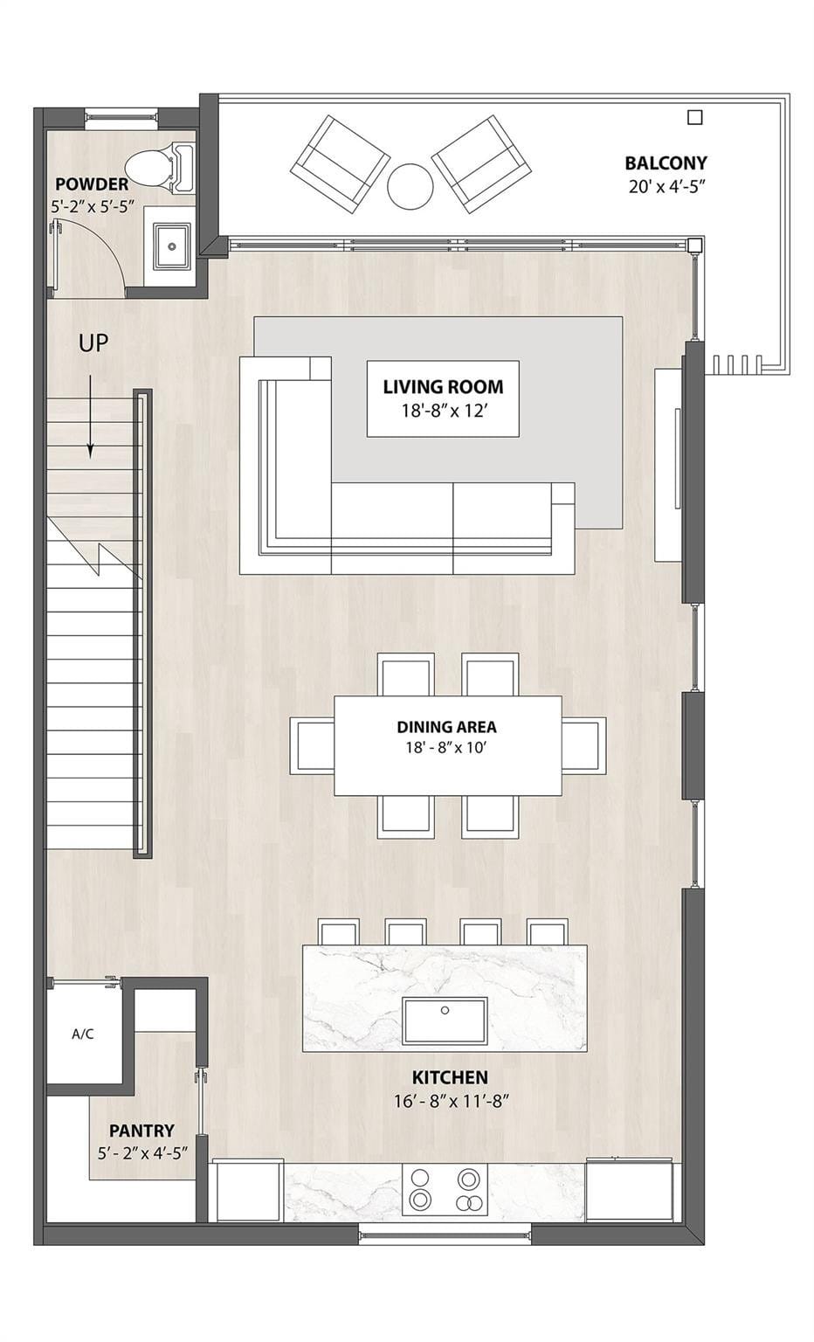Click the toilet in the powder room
pos(162,168)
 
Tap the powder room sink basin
pos(172,246)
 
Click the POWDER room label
pos(92,184)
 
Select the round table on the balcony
pos(410,186)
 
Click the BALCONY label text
pos(666,163)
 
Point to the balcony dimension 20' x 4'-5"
pos(665,186)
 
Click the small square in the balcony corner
pos(694,117)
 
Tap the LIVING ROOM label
pos(443,387)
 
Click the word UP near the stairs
pos(93,342)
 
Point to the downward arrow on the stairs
pos(91,417)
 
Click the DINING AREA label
pos(446,727)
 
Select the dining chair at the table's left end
pos(312,744)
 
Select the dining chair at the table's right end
pos(584,744)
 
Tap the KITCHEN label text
pos(450,1077)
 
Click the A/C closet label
pos(83,1034)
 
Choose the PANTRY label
pos(142,1131)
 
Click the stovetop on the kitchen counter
pos(445,1189)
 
